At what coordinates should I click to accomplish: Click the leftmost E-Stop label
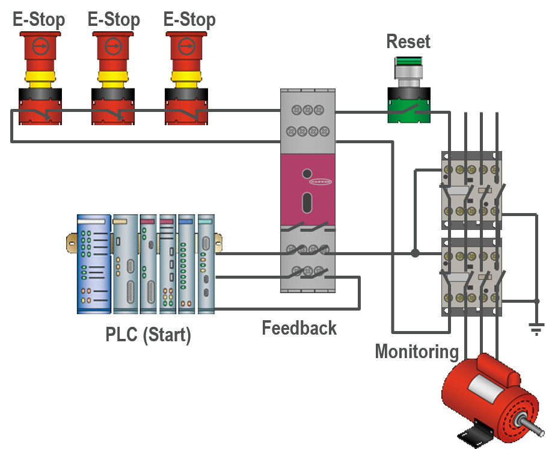point(38,19)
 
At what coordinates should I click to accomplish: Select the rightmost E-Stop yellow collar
point(189,77)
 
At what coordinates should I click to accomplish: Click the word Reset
point(408,42)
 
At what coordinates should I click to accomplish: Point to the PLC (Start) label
point(148,334)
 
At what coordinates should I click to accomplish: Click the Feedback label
point(299,328)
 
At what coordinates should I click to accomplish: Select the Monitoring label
point(416,351)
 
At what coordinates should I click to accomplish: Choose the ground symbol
point(536,328)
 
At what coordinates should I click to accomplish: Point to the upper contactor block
point(471,190)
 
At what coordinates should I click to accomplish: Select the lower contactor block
point(471,277)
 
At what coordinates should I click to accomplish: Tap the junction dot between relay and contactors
point(415,253)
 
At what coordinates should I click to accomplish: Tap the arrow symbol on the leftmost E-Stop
point(39,45)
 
